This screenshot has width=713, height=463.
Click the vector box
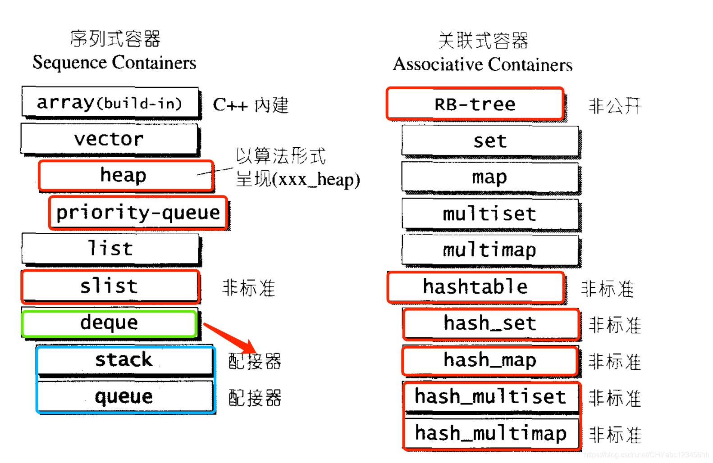pyautogui.click(x=109, y=139)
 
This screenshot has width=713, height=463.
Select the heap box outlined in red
pyautogui.click(x=125, y=175)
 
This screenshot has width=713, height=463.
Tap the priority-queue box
pyautogui.click(x=138, y=212)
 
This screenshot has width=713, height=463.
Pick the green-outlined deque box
pyautogui.click(x=109, y=323)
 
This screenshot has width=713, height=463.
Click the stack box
pyautogui.click(x=124, y=360)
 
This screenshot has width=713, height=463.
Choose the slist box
pyautogui.click(x=110, y=286)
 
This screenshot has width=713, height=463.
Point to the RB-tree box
pyautogui.click(x=475, y=104)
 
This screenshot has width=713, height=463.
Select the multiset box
pyautogui.click(x=490, y=214)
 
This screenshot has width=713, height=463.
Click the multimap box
pyautogui.click(x=490, y=250)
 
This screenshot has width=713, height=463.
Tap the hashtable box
pyautogui.click(x=475, y=287)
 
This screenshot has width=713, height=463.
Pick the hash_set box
pyautogui.click(x=490, y=323)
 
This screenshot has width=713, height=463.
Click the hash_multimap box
pyautogui.click(x=491, y=433)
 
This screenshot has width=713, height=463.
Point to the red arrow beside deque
pyautogui.click(x=230, y=338)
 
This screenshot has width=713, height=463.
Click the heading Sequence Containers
pyautogui.click(x=114, y=63)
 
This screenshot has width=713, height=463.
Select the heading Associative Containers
pyautogui.click(x=483, y=64)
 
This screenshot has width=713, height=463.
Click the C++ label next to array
pyautogui.click(x=230, y=105)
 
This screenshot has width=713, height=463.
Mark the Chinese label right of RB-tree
pyautogui.click(x=614, y=106)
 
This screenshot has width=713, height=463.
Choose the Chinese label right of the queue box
pyautogui.click(x=255, y=398)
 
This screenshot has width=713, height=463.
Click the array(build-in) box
pyautogui.click(x=110, y=103)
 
